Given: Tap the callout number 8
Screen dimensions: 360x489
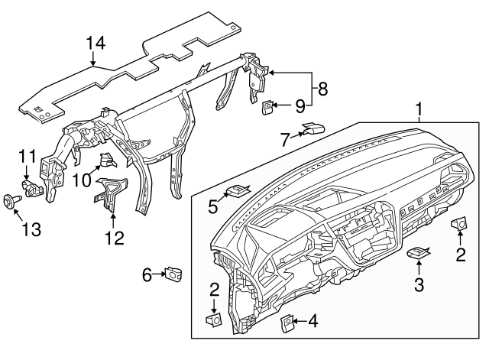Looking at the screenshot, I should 322,89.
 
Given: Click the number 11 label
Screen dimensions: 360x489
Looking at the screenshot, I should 27,155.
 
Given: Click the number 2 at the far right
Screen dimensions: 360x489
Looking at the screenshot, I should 461,255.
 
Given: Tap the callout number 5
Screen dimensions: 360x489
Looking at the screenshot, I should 212,206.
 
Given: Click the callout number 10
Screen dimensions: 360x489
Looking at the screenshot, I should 81,180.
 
